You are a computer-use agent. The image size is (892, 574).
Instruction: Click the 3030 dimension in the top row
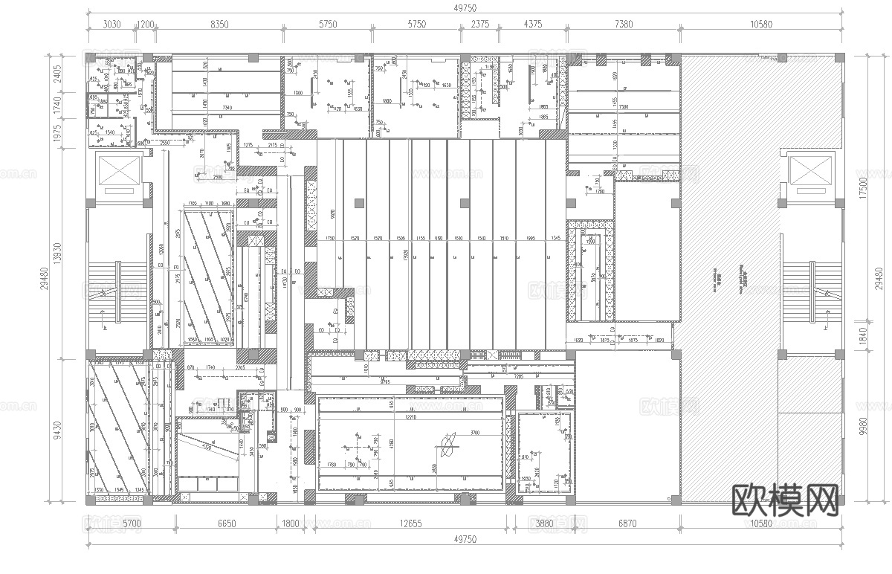(111, 24)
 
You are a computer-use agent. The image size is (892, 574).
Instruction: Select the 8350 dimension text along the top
(219, 24)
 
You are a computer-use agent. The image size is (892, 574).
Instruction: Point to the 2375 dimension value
(481, 24)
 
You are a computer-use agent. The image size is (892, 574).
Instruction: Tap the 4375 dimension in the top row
(532, 24)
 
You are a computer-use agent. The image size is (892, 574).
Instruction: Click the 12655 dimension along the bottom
(410, 523)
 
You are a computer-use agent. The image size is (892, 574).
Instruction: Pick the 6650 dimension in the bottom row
(226, 523)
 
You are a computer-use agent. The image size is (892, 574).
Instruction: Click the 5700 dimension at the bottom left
(131, 523)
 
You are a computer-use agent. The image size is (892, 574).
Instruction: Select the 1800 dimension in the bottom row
(291, 523)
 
